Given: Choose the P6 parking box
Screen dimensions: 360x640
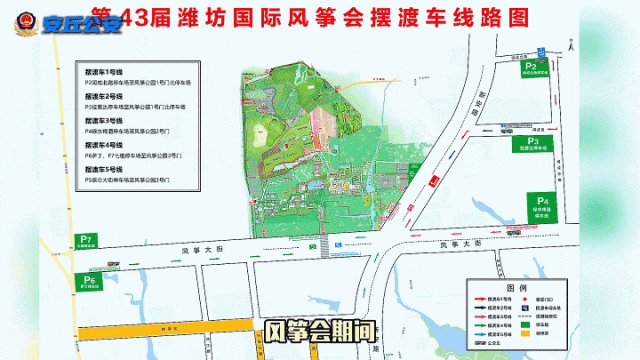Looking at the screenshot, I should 90,280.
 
